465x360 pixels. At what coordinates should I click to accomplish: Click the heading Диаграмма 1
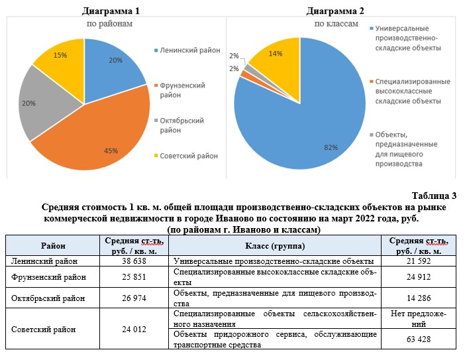coord(111,11)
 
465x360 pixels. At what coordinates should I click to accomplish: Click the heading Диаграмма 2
coord(336,11)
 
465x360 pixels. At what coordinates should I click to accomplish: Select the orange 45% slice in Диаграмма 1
coord(106,136)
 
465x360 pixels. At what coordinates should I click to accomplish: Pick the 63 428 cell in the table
coord(421,339)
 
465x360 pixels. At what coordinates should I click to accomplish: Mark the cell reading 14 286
coord(421,298)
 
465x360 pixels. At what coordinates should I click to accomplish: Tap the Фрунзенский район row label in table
coord(44,276)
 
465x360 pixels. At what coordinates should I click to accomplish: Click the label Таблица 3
coord(434,195)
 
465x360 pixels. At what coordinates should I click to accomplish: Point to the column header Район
coord(53,245)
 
